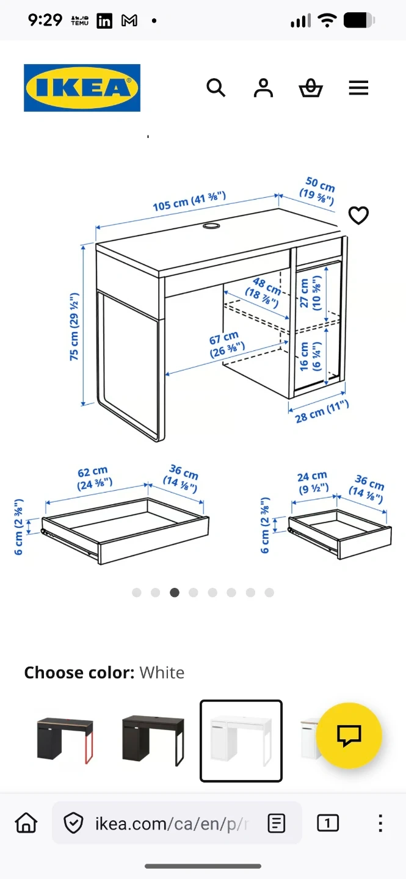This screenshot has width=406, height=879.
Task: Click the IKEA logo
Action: pyautogui.click(x=82, y=87)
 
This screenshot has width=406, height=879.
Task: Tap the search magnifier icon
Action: pyautogui.click(x=216, y=87)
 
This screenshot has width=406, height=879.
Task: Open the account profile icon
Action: pyautogui.click(x=263, y=87)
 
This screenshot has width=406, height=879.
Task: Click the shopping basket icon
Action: pyautogui.click(x=311, y=88)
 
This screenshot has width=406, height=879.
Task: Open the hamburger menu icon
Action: pyautogui.click(x=358, y=88)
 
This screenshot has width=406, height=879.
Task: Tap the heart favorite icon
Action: pyautogui.click(x=358, y=215)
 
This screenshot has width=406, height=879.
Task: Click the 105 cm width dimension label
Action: pyautogui.click(x=189, y=201)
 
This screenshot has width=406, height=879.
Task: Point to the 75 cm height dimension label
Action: pyautogui.click(x=74, y=327)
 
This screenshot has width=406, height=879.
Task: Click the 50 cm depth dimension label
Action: pyautogui.click(x=318, y=191)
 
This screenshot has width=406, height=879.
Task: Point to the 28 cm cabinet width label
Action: pyautogui.click(x=322, y=411)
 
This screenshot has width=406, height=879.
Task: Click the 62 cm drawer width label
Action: pyautogui.click(x=94, y=478)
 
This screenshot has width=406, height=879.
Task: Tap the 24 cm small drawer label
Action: pyautogui.click(x=313, y=482)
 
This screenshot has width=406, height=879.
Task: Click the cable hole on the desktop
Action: pyautogui.click(x=212, y=226)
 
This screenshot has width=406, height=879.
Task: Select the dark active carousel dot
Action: pyautogui.click(x=175, y=593)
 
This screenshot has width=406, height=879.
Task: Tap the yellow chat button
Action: pyautogui.click(x=349, y=736)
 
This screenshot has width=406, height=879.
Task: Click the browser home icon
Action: pyautogui.click(x=26, y=822)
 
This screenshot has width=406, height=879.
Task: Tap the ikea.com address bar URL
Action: pyautogui.click(x=172, y=823)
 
